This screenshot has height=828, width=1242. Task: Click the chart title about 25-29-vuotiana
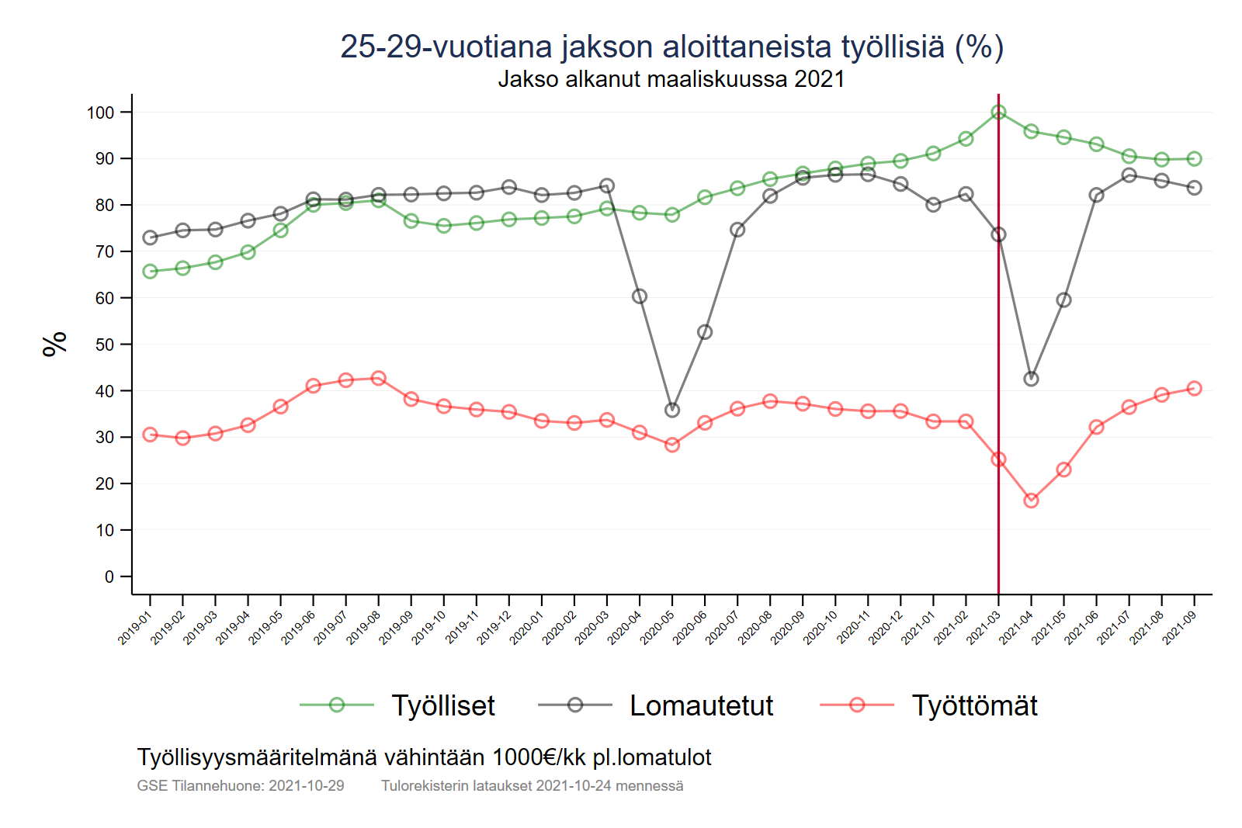(x=671, y=47)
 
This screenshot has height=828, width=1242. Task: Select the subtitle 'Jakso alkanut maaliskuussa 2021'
(x=671, y=79)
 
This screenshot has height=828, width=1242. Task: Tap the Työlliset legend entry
(x=442, y=705)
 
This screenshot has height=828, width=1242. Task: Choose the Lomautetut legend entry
(x=701, y=705)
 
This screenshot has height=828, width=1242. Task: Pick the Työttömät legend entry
(x=974, y=705)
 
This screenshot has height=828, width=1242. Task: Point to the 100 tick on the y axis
(x=100, y=113)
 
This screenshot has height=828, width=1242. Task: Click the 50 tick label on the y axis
(x=104, y=345)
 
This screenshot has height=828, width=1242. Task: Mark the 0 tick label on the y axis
(x=109, y=577)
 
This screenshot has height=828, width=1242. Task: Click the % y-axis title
(x=55, y=344)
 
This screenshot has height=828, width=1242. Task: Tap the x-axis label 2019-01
(x=134, y=628)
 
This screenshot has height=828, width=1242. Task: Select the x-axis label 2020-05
(x=657, y=628)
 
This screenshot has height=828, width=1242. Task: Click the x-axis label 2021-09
(x=1179, y=628)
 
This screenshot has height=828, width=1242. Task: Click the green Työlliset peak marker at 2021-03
(x=998, y=113)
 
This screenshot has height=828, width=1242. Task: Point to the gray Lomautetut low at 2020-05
(x=672, y=410)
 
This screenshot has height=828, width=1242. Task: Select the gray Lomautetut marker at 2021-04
(x=1031, y=379)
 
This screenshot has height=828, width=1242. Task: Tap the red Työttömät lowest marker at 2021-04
(x=1031, y=501)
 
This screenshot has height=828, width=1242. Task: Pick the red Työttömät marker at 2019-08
(x=379, y=379)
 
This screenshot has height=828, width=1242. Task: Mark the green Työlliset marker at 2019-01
(x=150, y=272)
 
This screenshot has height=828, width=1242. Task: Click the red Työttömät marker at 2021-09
(x=1194, y=389)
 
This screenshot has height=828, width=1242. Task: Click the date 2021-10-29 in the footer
(x=307, y=785)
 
